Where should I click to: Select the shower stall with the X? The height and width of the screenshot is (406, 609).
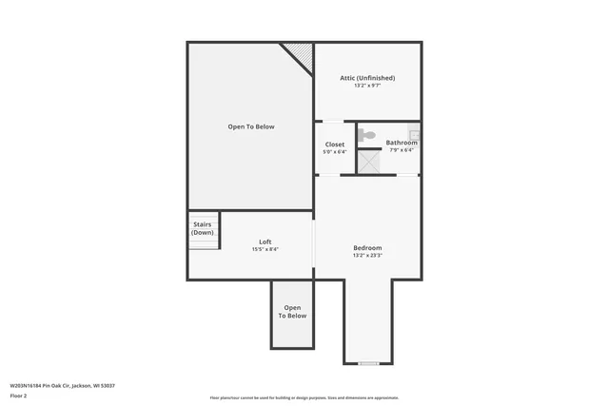pyautogui.click(x=368, y=162)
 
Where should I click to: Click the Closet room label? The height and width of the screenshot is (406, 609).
pyautogui.click(x=335, y=144)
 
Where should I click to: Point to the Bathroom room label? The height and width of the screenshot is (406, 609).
pyautogui.click(x=401, y=143)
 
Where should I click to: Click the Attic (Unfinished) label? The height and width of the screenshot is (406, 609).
pyautogui.click(x=367, y=78)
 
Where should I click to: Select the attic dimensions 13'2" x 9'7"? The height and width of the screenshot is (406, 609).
pyautogui.click(x=367, y=86)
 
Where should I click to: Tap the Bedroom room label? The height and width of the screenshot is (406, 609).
pyautogui.click(x=367, y=247)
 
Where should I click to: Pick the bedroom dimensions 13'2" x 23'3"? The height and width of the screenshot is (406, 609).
pyautogui.click(x=367, y=255)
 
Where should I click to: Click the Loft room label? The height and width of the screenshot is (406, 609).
pyautogui.click(x=265, y=242)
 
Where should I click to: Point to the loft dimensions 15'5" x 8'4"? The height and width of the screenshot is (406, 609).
pyautogui.click(x=265, y=249)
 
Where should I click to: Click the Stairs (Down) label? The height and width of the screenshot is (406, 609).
pyautogui.click(x=202, y=228)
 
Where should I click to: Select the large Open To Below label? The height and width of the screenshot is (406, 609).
pyautogui.click(x=251, y=126)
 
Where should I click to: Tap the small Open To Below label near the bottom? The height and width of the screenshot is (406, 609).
pyautogui.click(x=292, y=311)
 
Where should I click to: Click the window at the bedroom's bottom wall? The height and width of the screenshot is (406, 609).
pyautogui.click(x=368, y=363)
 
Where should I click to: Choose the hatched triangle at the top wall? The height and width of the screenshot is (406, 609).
pyautogui.click(x=303, y=55)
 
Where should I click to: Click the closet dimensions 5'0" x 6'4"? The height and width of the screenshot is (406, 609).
pyautogui.click(x=335, y=151)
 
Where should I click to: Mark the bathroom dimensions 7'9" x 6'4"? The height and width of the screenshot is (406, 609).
pyautogui.click(x=402, y=150)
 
